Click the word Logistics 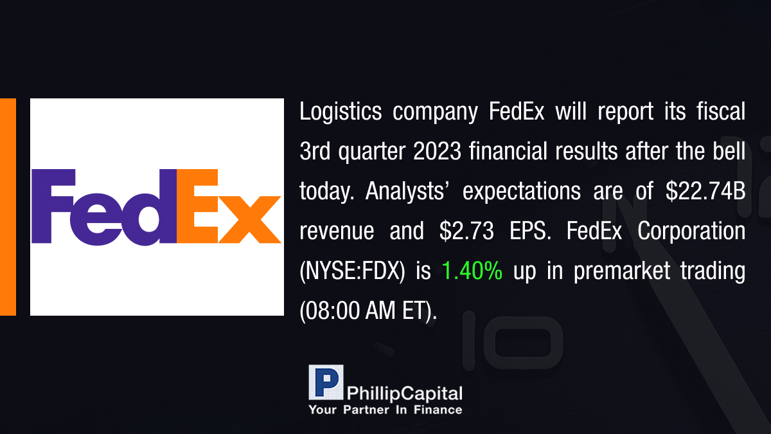click(x=341, y=112)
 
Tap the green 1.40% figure click(x=472, y=271)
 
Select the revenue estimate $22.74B click(x=705, y=191)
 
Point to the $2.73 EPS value click(x=466, y=231)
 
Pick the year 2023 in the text click(x=437, y=151)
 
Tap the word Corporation click(x=691, y=231)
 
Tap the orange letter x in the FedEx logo click(x=249, y=220)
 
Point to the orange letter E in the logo click(x=197, y=206)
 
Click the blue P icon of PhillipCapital click(x=326, y=382)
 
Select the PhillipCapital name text click(x=404, y=393)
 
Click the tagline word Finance click(x=438, y=410)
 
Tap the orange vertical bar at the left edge click(x=8, y=207)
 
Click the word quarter click(x=372, y=152)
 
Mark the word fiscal click(x=721, y=111)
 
